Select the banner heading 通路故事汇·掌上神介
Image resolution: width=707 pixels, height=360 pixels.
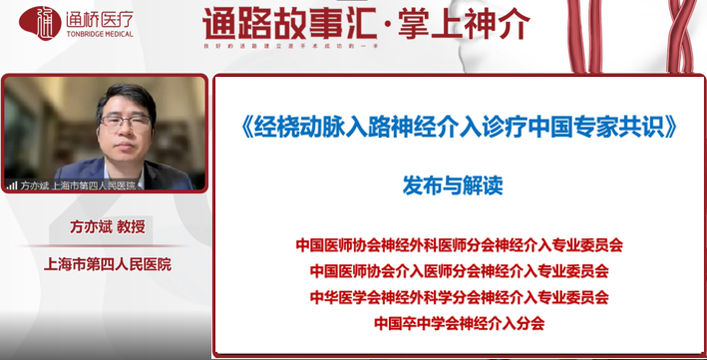(365, 23)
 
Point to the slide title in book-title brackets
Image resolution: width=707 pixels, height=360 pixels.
(460, 129)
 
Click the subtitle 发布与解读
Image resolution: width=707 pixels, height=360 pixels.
(460, 186)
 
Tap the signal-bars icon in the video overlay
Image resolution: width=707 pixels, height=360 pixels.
(12, 184)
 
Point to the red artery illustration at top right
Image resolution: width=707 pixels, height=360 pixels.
(638, 40)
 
